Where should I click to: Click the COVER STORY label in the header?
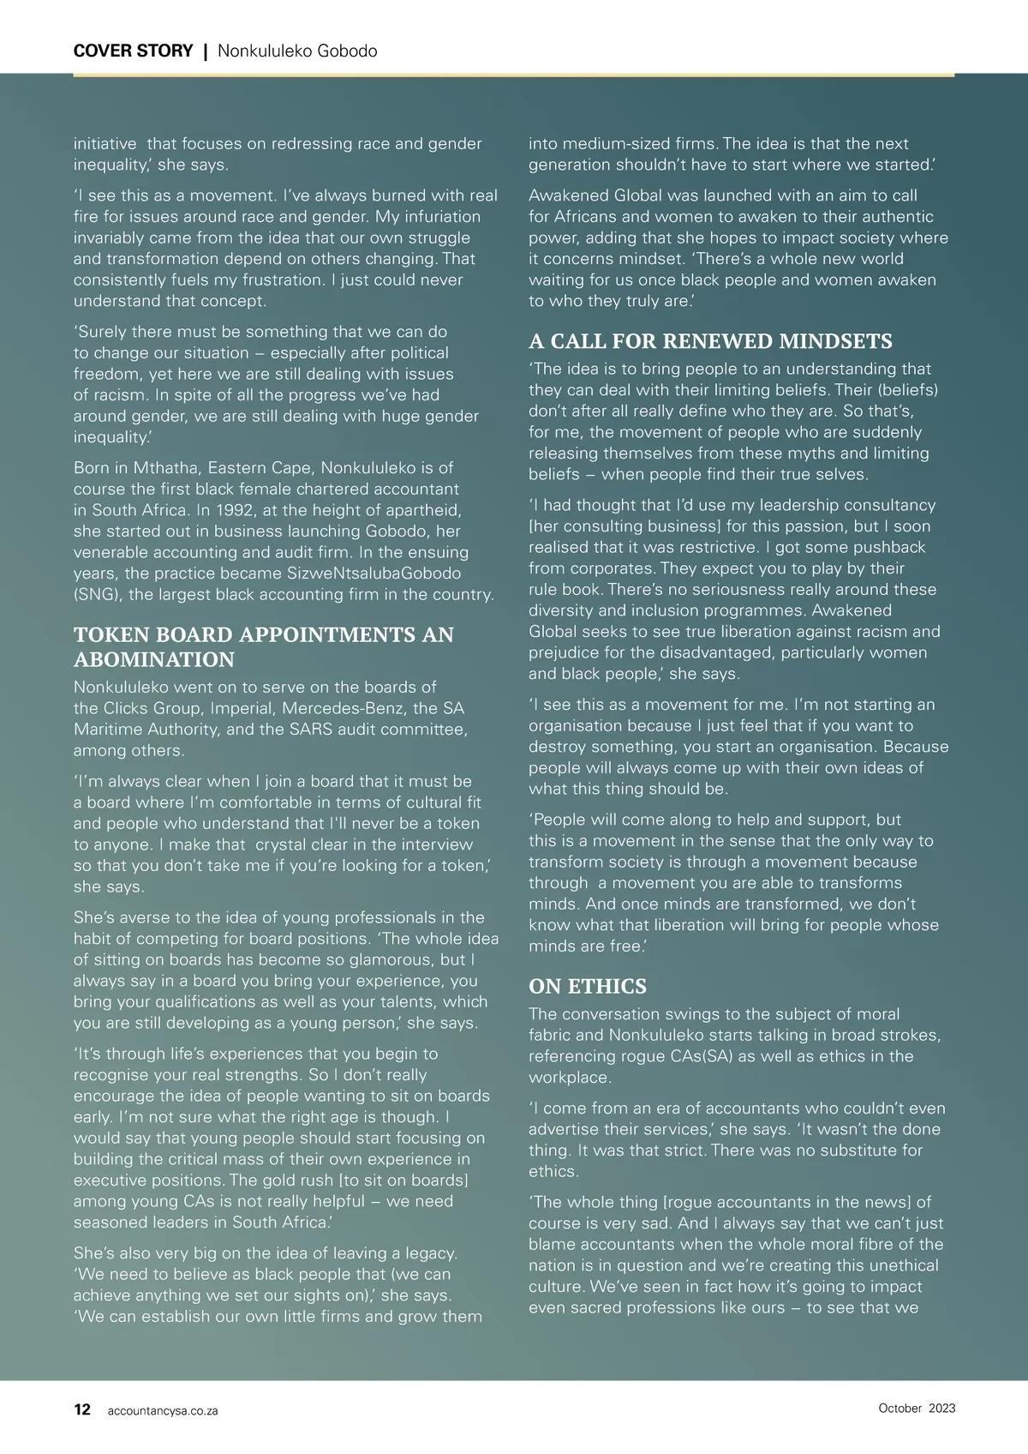pyautogui.click(x=133, y=51)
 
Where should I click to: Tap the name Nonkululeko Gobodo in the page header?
pyautogui.click(x=297, y=51)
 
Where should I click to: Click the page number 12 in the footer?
pyautogui.click(x=82, y=1409)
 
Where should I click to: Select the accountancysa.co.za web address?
pyautogui.click(x=163, y=1411)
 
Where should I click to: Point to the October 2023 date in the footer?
pyautogui.click(x=917, y=1408)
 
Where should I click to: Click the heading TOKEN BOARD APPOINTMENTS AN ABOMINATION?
pyautogui.click(x=264, y=646)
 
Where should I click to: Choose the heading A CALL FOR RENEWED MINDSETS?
pyautogui.click(x=710, y=341)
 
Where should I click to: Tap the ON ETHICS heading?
pyautogui.click(x=588, y=986)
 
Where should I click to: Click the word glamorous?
pyautogui.click(x=371, y=959)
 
